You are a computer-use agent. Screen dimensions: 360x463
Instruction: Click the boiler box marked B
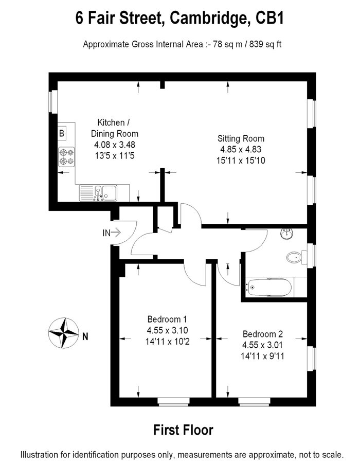[x=62, y=133]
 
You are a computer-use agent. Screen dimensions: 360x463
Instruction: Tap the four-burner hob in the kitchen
[x=66, y=157]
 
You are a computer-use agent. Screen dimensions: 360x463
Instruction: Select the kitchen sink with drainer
[x=98, y=193]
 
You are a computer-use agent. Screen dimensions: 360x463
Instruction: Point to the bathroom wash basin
[x=287, y=234]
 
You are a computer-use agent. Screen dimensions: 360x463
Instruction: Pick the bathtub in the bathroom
[x=269, y=287]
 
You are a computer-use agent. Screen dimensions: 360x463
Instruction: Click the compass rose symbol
[x=63, y=333]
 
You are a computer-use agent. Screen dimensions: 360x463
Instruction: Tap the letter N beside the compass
[x=85, y=336]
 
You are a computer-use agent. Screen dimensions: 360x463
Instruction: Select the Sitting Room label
[x=241, y=138]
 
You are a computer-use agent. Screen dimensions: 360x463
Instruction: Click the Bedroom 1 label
[x=167, y=319]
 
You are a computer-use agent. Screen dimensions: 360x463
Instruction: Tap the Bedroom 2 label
[x=263, y=334]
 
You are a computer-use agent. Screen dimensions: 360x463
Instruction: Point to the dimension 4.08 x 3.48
[x=115, y=145]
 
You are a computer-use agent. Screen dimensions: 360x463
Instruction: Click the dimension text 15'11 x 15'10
[x=241, y=161]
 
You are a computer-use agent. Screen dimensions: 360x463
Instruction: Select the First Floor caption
[x=183, y=430]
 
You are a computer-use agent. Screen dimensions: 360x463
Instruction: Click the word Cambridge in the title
[x=209, y=18]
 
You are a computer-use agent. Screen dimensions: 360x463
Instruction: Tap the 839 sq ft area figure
[x=265, y=44]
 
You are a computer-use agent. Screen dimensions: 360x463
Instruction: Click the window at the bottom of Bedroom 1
[x=173, y=402]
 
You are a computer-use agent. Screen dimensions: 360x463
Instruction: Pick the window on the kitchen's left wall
[x=53, y=101]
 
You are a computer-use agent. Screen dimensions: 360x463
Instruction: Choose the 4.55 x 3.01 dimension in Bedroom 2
[x=263, y=345]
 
